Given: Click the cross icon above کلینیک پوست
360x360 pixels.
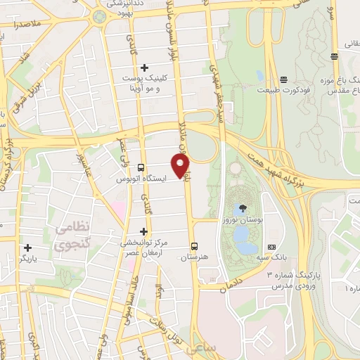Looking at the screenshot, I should click(144, 68).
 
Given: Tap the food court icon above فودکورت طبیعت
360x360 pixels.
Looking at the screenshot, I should click(283, 79).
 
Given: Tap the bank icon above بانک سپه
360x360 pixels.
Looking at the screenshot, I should click(271, 247).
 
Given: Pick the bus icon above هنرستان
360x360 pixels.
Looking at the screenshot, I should click(194, 246).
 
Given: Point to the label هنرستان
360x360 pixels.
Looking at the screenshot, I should click(194, 258).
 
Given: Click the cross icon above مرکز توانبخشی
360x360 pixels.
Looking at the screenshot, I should click(144, 231).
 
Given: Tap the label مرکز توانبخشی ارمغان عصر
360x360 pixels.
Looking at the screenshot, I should click(143, 248).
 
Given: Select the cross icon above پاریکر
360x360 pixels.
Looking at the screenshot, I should click(27, 247).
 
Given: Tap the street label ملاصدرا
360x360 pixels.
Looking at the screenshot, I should click(23, 25).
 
